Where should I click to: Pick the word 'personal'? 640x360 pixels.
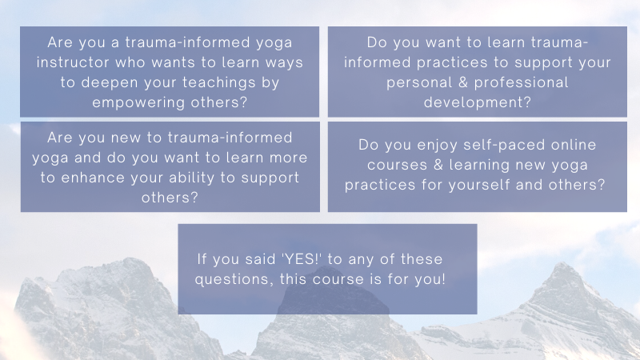click(x=418, y=83)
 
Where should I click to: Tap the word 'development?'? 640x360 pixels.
click(x=477, y=103)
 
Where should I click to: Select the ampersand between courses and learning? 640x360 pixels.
click(x=438, y=165)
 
